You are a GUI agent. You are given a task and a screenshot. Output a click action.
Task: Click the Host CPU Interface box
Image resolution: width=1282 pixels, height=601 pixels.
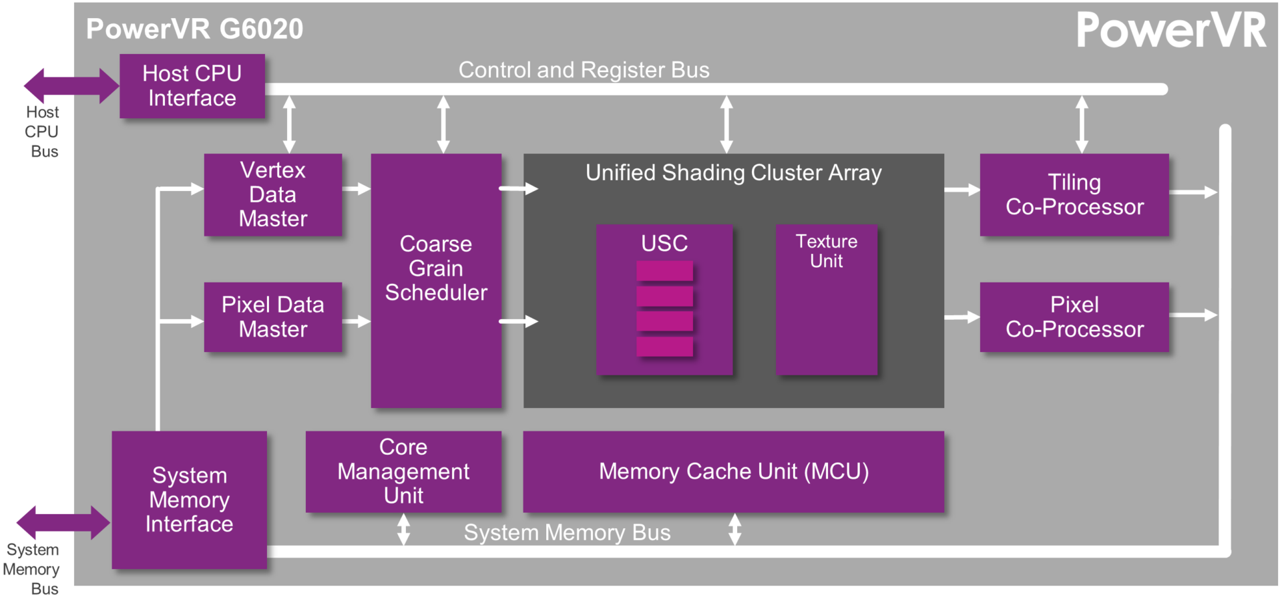pos(192,86)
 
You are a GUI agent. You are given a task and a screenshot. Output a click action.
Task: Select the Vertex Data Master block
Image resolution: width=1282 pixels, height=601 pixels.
pos(272,194)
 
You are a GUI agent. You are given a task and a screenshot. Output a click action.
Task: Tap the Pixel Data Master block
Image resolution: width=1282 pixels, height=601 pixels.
pos(272,317)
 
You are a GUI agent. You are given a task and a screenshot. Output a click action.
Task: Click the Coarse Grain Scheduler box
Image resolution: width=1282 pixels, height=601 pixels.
pos(436,280)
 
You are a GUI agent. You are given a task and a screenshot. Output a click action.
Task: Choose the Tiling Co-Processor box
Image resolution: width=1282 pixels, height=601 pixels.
pos(1074,194)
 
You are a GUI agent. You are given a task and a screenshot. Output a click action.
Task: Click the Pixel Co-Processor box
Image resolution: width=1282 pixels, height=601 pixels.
pos(1074,317)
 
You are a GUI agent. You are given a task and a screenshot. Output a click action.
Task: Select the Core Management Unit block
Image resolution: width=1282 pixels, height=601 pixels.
pos(403,471)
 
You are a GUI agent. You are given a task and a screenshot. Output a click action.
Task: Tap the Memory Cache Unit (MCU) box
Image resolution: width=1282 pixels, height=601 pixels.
pos(733,471)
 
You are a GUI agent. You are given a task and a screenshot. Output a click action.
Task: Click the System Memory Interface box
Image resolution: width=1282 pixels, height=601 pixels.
pos(189,499)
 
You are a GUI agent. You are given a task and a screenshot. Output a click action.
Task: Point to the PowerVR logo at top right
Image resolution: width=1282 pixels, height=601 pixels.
pos(1171,31)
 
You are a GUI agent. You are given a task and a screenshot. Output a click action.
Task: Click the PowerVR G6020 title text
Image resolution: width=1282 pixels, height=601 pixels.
pos(194,29)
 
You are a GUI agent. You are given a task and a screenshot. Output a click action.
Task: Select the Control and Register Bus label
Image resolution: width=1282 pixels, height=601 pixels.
pos(584,70)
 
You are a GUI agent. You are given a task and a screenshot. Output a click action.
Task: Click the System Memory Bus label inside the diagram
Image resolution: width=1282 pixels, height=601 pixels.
pos(567,533)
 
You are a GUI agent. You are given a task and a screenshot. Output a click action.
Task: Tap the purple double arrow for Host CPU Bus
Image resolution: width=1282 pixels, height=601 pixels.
pos(71,85)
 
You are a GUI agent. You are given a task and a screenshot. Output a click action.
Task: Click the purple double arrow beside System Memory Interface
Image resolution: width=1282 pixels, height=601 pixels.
pos(63,522)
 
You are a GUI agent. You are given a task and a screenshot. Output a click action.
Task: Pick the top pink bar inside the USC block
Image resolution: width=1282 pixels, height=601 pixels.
pos(664,271)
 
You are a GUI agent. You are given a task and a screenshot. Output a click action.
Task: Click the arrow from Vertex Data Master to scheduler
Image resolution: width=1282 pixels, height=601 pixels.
pos(356,189)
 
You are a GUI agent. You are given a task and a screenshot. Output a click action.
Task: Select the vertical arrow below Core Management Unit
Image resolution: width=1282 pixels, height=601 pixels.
pos(403,530)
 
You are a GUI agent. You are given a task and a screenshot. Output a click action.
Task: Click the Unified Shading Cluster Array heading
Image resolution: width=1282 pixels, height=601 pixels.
pos(733,173)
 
